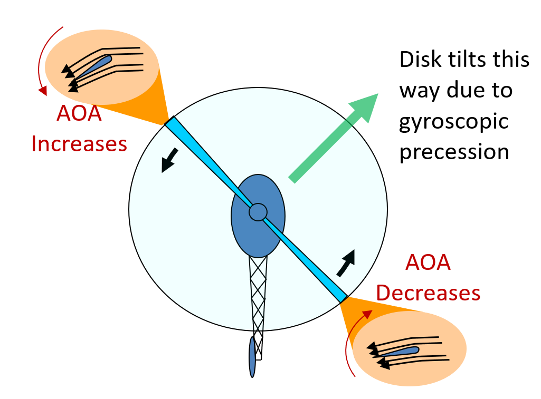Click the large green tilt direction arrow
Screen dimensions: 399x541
pos(334,138)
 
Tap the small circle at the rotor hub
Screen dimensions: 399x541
pos(258,212)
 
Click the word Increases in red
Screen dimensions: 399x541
pos(79,143)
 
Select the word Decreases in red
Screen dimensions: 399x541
pos(429,293)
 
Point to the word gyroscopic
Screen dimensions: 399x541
pos(454,121)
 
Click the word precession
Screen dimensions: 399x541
pos(454,152)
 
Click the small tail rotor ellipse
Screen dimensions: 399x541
pos(253,357)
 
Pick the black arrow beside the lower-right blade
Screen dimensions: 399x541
pos(346,263)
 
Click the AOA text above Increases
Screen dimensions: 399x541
pos(79,113)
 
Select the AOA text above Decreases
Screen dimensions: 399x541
pos(428,262)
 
